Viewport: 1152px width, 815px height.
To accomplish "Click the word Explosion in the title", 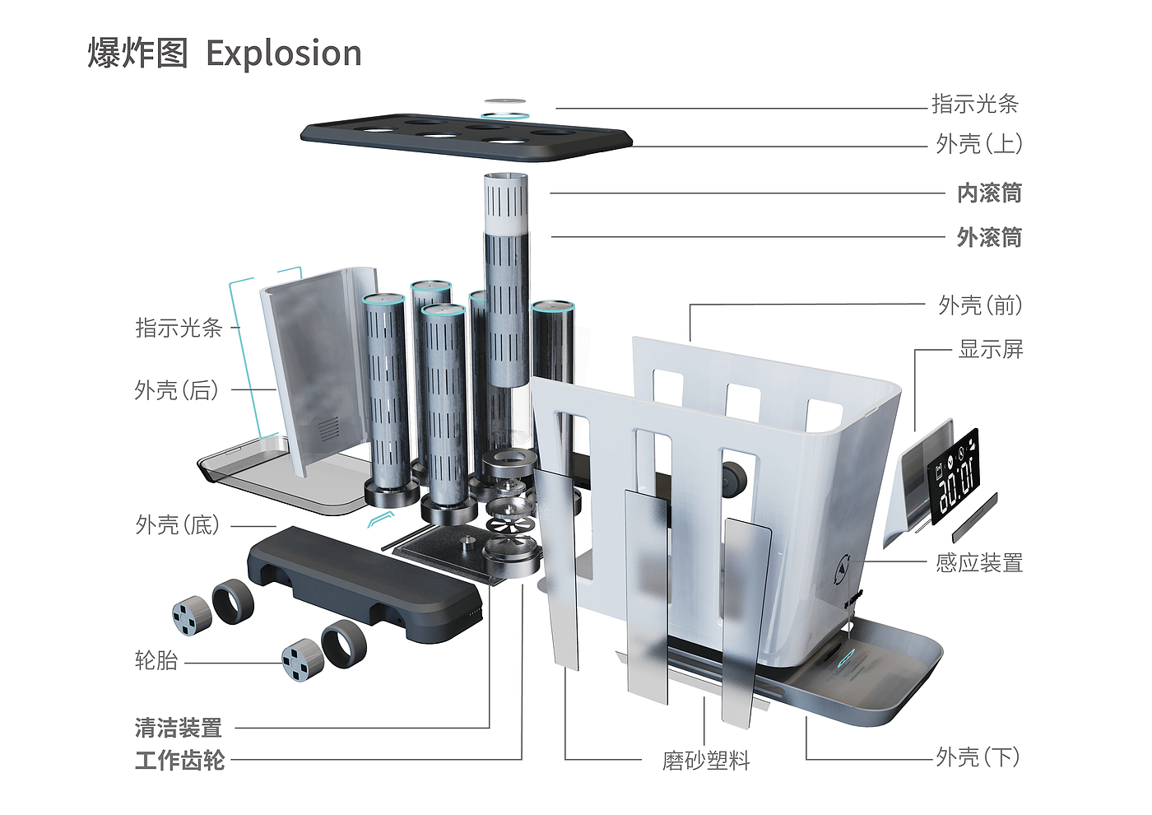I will click(x=283, y=54).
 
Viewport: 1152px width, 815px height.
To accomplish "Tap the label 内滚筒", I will click(x=989, y=193).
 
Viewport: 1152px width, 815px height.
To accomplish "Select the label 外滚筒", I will click(x=989, y=238).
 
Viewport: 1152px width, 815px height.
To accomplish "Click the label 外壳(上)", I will click(x=979, y=144).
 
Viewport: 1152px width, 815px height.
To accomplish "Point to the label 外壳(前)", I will click(x=980, y=305).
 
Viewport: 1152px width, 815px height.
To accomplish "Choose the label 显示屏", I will click(x=991, y=349).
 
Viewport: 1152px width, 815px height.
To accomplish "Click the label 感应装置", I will click(x=979, y=563).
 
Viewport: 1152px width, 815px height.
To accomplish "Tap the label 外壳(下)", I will click(x=978, y=757).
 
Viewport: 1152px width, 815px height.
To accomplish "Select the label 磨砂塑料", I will click(x=706, y=761).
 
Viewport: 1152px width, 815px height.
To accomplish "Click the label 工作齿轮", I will click(x=179, y=760).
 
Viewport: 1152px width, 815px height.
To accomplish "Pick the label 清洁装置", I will click(x=179, y=729).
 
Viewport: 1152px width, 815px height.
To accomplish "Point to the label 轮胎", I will click(x=156, y=660).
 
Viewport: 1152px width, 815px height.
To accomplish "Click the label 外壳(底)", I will click(x=178, y=525).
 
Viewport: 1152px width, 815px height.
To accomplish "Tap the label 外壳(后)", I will click(x=177, y=390).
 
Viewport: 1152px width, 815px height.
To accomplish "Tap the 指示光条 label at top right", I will click(x=975, y=105).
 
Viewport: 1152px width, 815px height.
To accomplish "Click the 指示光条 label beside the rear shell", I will click(x=179, y=328).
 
